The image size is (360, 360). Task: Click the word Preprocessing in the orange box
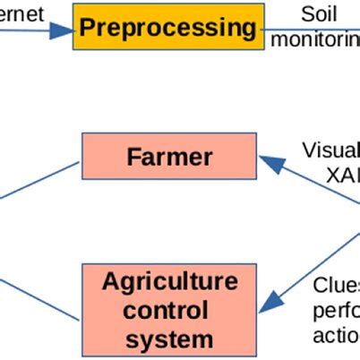click(167, 27)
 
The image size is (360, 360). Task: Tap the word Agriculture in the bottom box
click(169, 282)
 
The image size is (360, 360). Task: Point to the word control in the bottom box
click(169, 311)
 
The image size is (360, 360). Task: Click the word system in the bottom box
click(169, 339)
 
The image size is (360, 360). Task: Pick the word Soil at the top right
click(319, 15)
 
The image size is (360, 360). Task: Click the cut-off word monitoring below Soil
click(315, 40)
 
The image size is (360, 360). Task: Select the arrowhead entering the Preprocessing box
click(62, 31)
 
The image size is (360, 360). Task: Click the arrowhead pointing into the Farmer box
click(268, 163)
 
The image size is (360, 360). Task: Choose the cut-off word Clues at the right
click(336, 286)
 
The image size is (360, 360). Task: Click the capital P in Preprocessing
click(88, 27)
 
